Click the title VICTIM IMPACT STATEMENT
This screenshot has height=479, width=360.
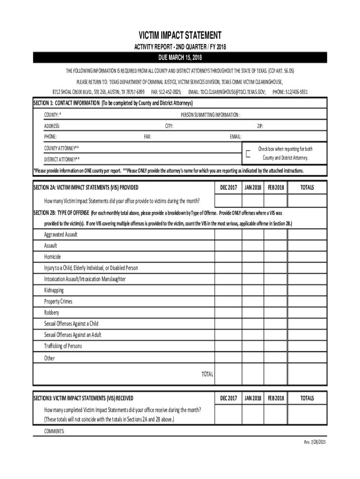tap(180, 36)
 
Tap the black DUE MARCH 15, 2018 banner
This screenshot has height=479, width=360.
tap(180, 58)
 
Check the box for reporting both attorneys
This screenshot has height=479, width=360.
tap(248, 153)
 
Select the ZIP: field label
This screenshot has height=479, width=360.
tap(260, 126)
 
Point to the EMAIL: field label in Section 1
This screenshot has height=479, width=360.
tap(235, 137)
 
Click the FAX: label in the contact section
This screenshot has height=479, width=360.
tap(147, 137)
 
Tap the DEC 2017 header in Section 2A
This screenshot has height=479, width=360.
tap(228, 188)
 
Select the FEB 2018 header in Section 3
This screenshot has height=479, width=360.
tap(275, 398)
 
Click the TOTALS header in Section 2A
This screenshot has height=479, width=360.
tap(307, 188)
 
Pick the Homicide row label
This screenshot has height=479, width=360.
tap(52, 257)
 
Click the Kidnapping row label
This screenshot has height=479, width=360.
tap(54, 290)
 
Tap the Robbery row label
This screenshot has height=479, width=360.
tap(51, 312)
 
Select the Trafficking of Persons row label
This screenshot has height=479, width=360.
tap(63, 346)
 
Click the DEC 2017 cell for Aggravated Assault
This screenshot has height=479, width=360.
tap(228, 234)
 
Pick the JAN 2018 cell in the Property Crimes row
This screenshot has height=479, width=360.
tap(253, 301)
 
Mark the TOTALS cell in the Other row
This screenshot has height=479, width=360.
tap(307, 358)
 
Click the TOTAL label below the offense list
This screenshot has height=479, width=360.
tap(207, 374)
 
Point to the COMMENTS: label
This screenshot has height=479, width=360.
tap(54, 431)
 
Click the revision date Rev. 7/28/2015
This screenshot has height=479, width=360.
tap(315, 443)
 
